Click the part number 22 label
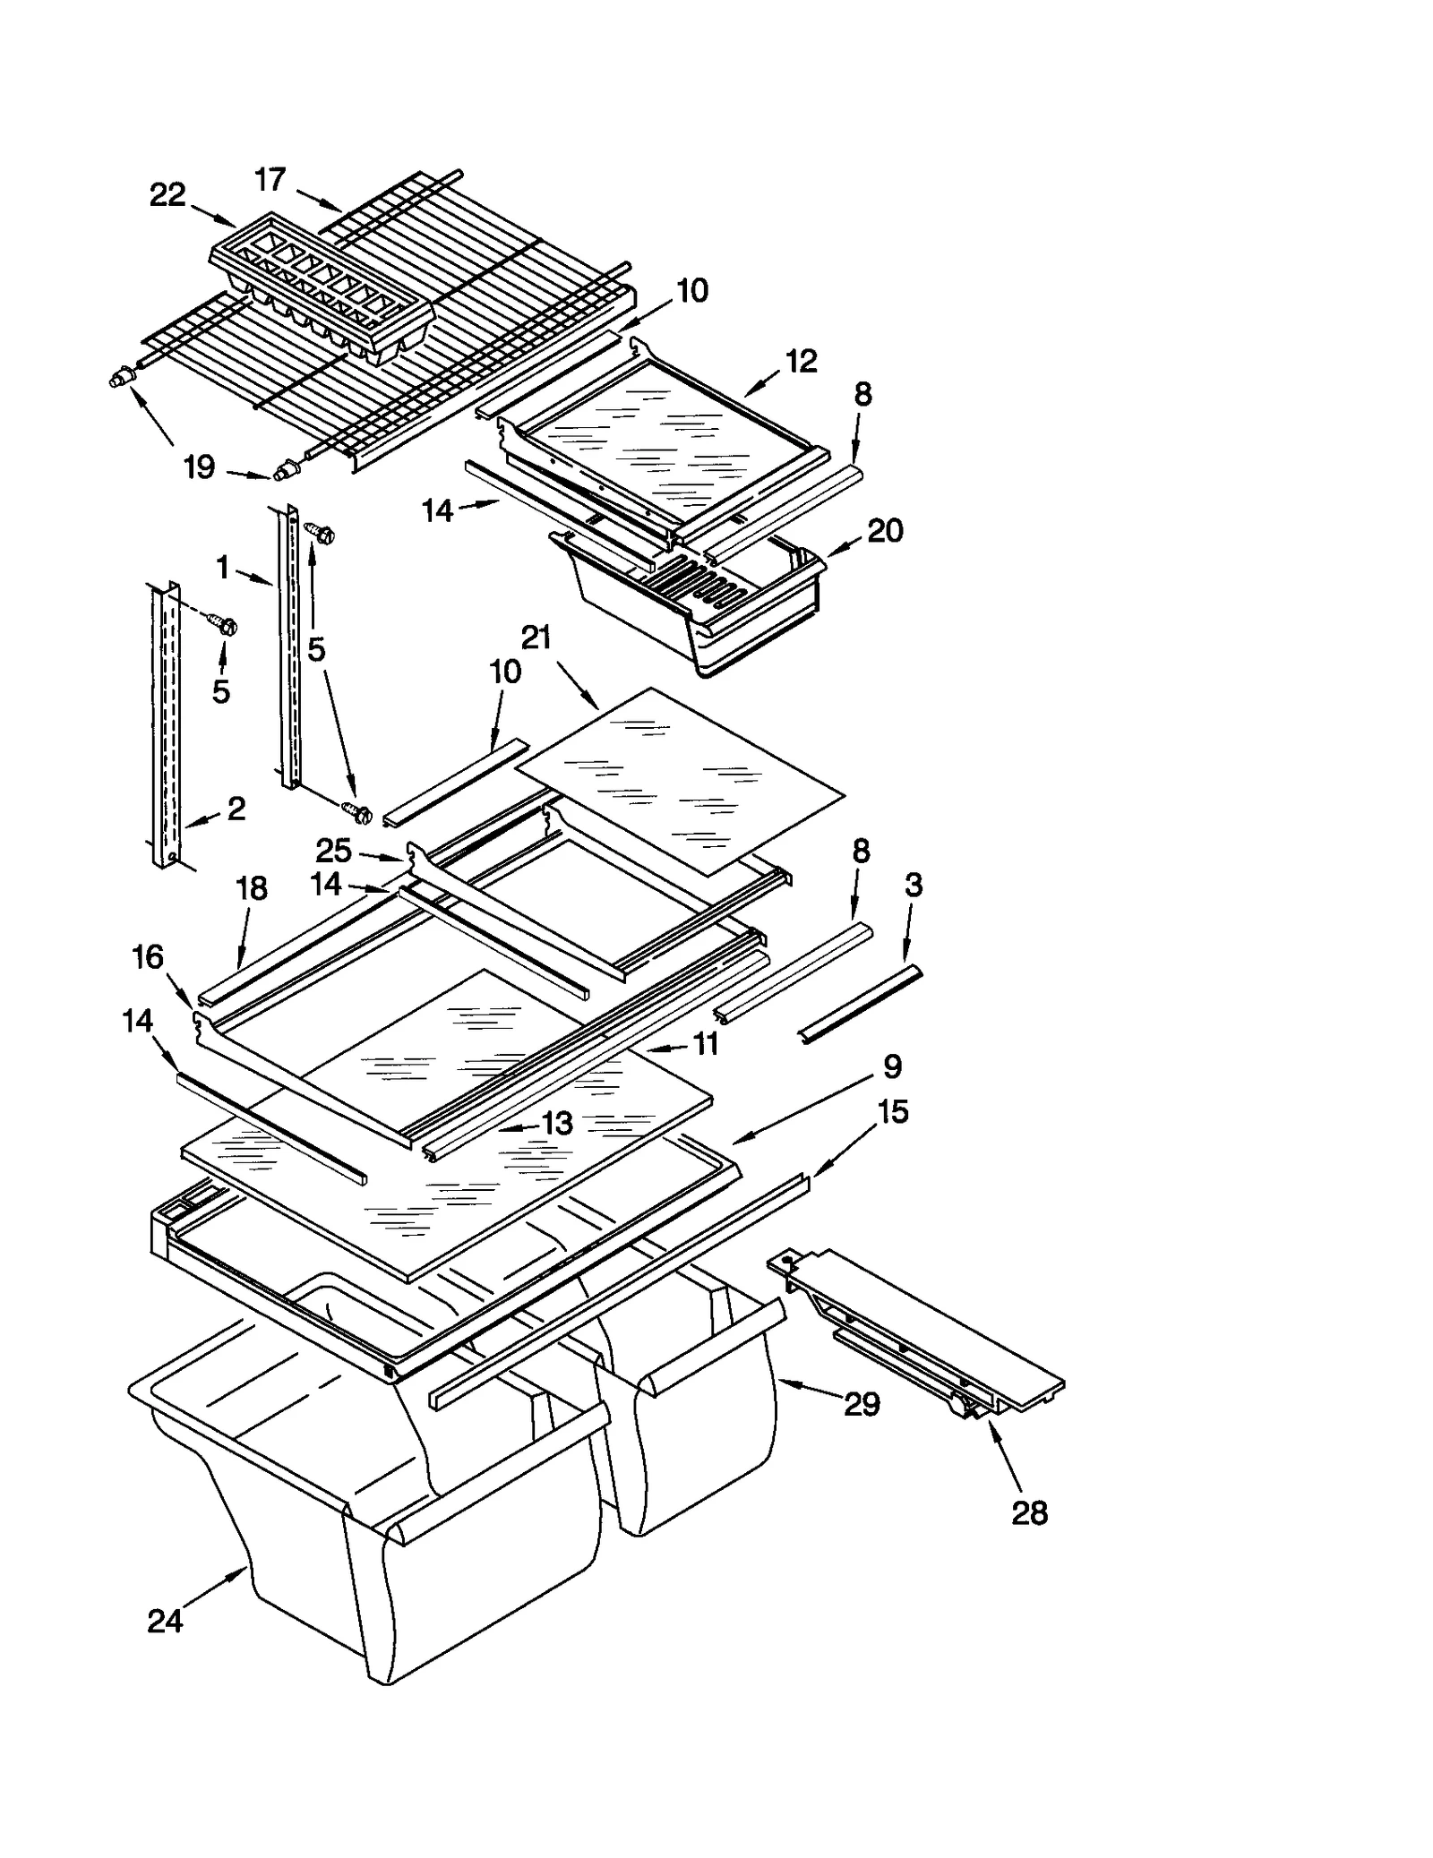point(167,194)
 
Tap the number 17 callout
point(270,180)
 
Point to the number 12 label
point(802,361)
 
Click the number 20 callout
point(885,531)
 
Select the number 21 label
point(536,638)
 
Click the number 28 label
point(1029,1513)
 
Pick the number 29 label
point(862,1404)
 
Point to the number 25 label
point(333,850)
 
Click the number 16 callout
point(148,957)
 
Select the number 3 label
point(913,885)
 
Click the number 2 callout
point(236,809)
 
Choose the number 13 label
point(557,1123)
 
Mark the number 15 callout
point(893,1111)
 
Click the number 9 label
point(892,1066)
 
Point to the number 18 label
point(252,888)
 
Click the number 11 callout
point(706,1043)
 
